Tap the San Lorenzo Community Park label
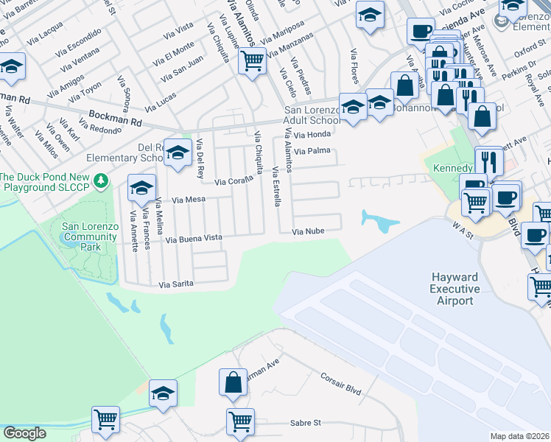[91, 237]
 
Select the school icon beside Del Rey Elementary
[178, 152]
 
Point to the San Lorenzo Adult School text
[311, 116]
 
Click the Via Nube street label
[309, 231]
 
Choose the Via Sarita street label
[175, 284]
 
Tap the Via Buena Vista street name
[194, 239]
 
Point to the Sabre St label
[305, 422]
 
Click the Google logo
[24, 432]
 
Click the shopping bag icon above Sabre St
[233, 382]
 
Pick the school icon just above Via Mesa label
[141, 188]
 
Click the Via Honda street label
[312, 135]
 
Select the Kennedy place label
[452, 168]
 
